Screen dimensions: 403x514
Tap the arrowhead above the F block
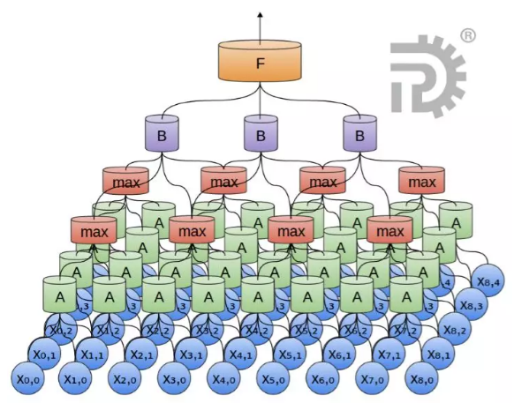[x=261, y=15]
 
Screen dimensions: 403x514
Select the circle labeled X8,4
[x=489, y=282]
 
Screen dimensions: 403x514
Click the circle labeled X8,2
[x=456, y=331]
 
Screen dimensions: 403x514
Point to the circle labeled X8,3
[x=472, y=306]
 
